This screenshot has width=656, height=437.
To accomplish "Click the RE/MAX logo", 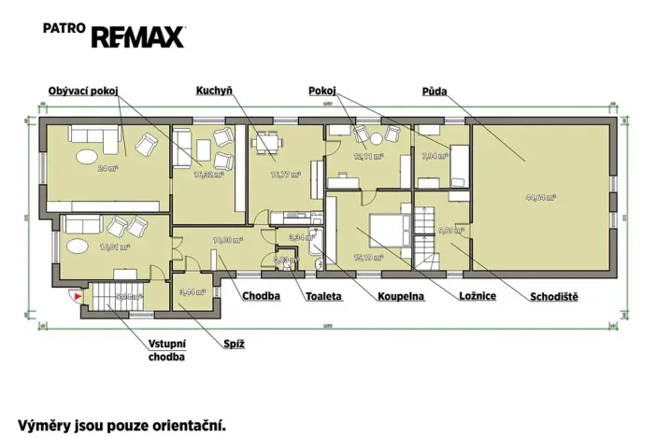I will pyautogui.click(x=137, y=36).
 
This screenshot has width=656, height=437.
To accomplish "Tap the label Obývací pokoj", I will pyautogui.click(x=85, y=91).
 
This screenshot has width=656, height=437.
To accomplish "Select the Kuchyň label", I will pyautogui.click(x=213, y=91).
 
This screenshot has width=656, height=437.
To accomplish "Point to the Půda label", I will pyautogui.click(x=434, y=91).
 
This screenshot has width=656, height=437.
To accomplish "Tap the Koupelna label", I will pyautogui.click(x=401, y=297).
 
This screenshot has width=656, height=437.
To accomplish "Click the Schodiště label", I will pyautogui.click(x=554, y=297).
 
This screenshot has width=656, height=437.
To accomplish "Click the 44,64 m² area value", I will pyautogui.click(x=540, y=197).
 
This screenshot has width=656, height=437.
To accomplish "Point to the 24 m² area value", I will pyautogui.click(x=107, y=168).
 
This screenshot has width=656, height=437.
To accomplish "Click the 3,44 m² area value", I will pyautogui.click(x=191, y=291).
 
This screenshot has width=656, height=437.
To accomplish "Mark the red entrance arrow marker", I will pyautogui.click(x=78, y=297).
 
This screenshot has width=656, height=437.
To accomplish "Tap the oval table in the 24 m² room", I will pyautogui.click(x=85, y=155).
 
